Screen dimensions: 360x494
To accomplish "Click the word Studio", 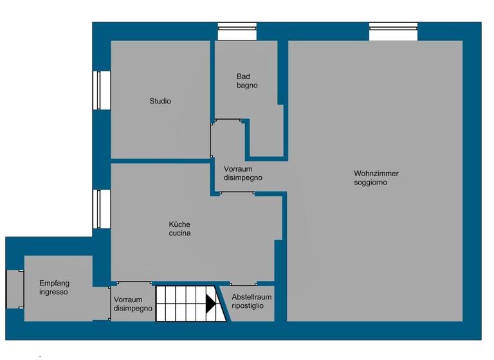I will (160, 101).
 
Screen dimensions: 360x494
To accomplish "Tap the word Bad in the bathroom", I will (243, 76).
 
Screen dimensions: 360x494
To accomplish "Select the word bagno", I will (247, 85).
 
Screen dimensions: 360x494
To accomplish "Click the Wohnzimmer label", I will (376, 174).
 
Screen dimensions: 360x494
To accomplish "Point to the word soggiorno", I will (370, 183).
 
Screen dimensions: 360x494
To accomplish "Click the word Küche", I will (179, 224).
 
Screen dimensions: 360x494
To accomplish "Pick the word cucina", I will (179, 233).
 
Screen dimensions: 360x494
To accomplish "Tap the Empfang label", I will (54, 283).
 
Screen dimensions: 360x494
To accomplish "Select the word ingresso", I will (53, 292).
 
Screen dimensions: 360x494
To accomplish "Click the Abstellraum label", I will (252, 297).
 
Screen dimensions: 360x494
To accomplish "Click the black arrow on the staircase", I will (210, 304).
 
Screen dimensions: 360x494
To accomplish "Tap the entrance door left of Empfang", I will (15, 289).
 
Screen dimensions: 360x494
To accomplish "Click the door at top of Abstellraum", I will (243, 284).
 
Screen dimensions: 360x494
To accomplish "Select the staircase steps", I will (181, 304).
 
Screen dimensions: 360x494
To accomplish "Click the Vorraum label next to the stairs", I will (133, 304).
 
